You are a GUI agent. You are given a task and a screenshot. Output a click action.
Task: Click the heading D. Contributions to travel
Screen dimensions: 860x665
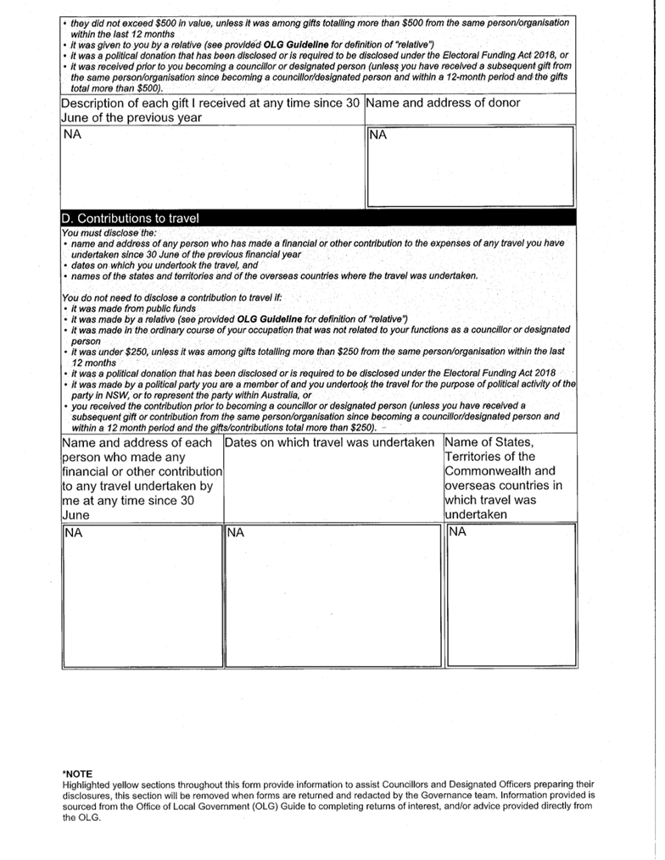click(130, 219)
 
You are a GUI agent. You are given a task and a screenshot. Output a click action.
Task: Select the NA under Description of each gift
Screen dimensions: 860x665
click(73, 135)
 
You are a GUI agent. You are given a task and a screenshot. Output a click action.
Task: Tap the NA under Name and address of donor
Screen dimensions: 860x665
click(378, 135)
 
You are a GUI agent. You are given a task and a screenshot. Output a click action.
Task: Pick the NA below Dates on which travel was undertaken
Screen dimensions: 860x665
click(236, 533)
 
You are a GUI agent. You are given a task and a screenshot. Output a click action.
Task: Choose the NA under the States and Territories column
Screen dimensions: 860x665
click(458, 532)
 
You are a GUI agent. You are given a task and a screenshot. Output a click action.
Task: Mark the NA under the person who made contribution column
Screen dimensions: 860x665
click(74, 533)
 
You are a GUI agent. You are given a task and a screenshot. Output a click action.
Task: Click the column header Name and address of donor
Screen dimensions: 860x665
click(444, 103)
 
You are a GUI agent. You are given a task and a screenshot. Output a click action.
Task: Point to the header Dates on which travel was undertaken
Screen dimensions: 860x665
click(330, 443)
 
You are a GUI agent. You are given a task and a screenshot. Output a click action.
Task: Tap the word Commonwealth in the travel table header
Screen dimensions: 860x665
click(500, 471)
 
